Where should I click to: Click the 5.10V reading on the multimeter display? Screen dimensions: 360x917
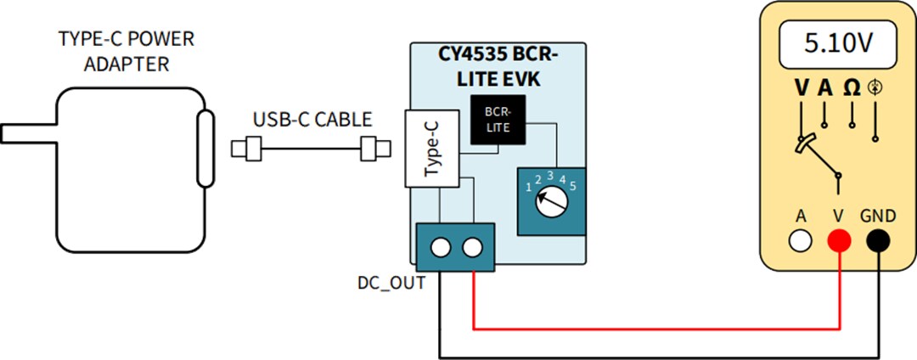coord(839,43)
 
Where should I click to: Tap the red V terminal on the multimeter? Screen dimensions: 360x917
coord(839,242)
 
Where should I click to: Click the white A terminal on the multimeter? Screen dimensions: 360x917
coord(800,242)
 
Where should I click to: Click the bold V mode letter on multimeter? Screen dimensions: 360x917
coord(802,87)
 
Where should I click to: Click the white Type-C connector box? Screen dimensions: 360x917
coord(431,149)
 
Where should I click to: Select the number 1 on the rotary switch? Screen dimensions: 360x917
coord(527,186)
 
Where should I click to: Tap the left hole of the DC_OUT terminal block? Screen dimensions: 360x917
coord(440,248)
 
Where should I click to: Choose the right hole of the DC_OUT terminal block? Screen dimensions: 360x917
coord(471,248)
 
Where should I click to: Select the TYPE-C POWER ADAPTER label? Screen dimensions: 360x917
coord(126,52)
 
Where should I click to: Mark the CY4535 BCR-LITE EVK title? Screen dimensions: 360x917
coord(498,65)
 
